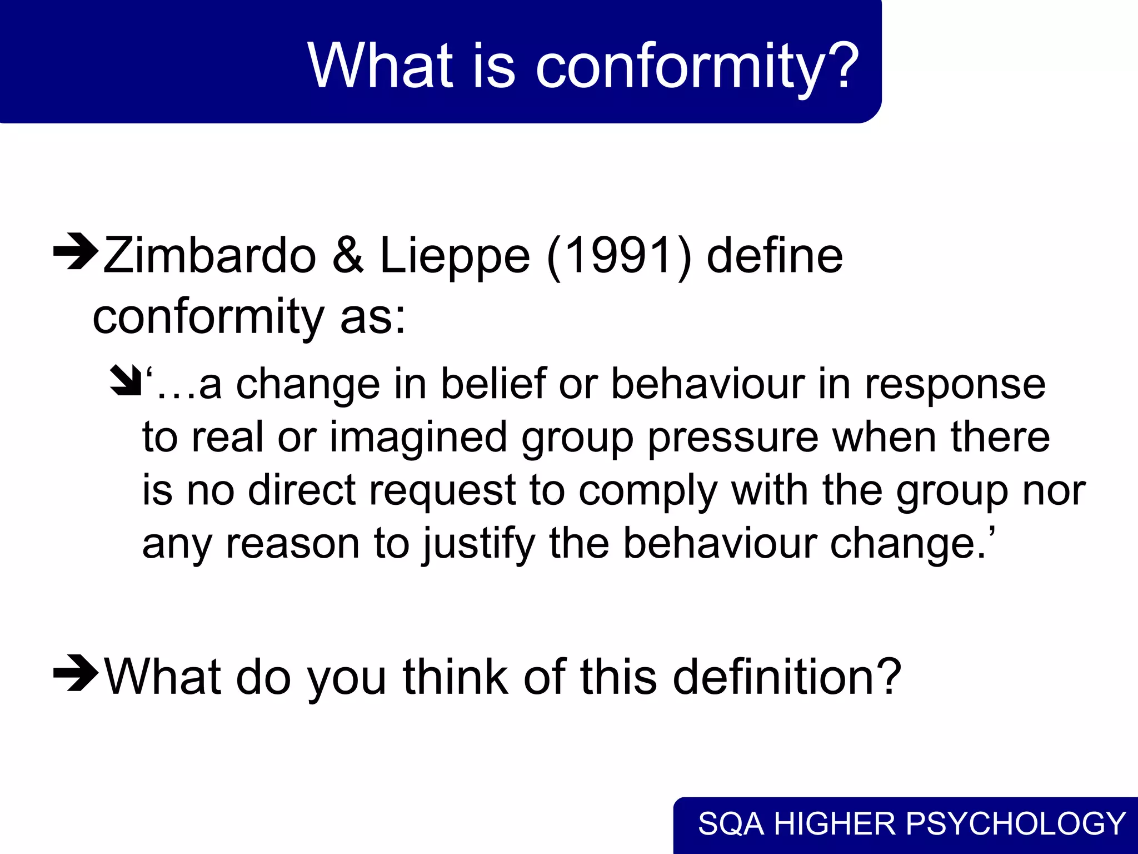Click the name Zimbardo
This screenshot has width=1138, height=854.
[210, 256]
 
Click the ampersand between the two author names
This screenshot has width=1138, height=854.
[348, 256]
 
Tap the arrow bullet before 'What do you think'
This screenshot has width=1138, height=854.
[76, 673]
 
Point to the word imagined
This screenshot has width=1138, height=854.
[418, 437]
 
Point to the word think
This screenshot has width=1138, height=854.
[455, 677]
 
